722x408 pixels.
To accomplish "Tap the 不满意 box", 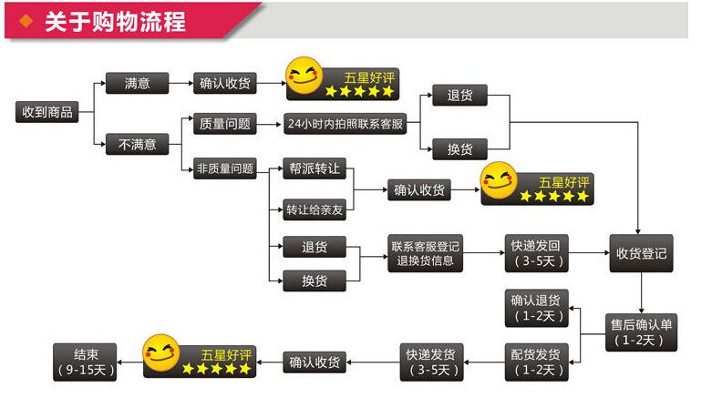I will (138, 144).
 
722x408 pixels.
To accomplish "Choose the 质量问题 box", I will (224, 124).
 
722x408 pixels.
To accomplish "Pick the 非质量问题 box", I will (224, 168).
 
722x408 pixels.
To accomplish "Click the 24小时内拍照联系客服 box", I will (345, 124).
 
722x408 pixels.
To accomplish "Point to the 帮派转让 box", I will (314, 168).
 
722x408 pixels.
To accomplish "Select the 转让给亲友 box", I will (314, 209).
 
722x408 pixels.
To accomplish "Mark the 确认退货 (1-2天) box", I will (537, 307).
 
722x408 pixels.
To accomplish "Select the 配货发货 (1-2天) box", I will (537, 362).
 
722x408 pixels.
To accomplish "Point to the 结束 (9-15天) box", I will (82, 362).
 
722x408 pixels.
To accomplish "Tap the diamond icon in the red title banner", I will (26, 21).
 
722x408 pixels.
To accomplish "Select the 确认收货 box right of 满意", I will (224, 84).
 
